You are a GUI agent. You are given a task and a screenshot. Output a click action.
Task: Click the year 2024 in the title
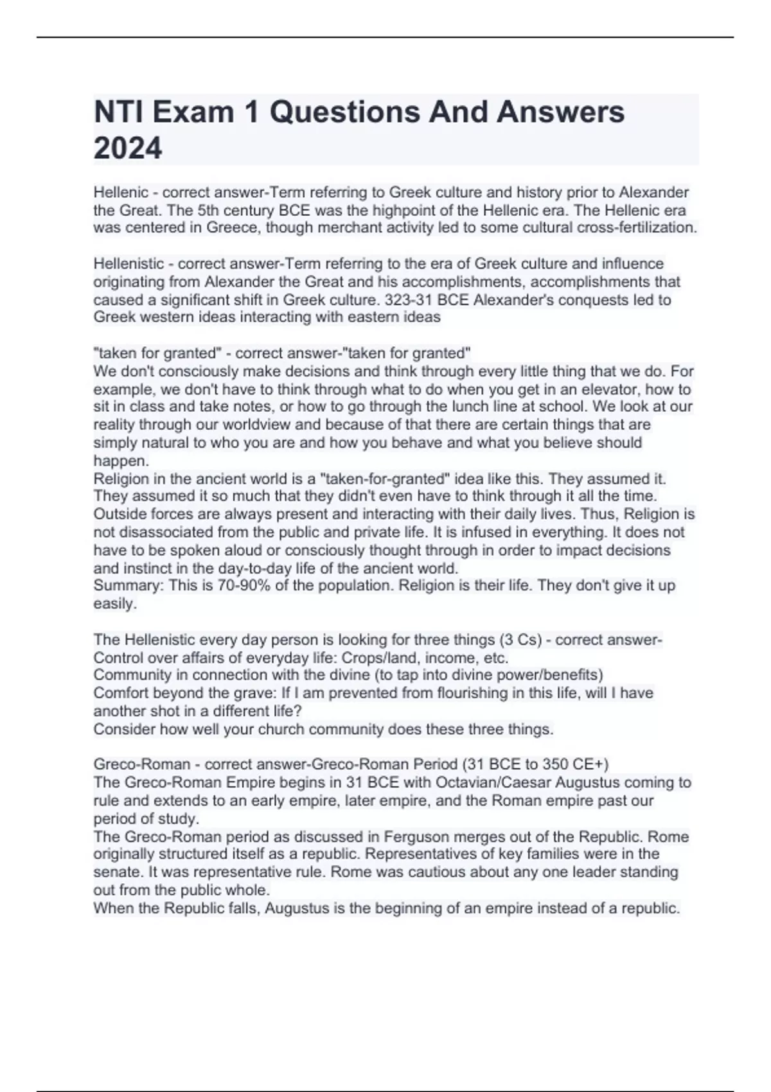pyautogui.click(x=128, y=149)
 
